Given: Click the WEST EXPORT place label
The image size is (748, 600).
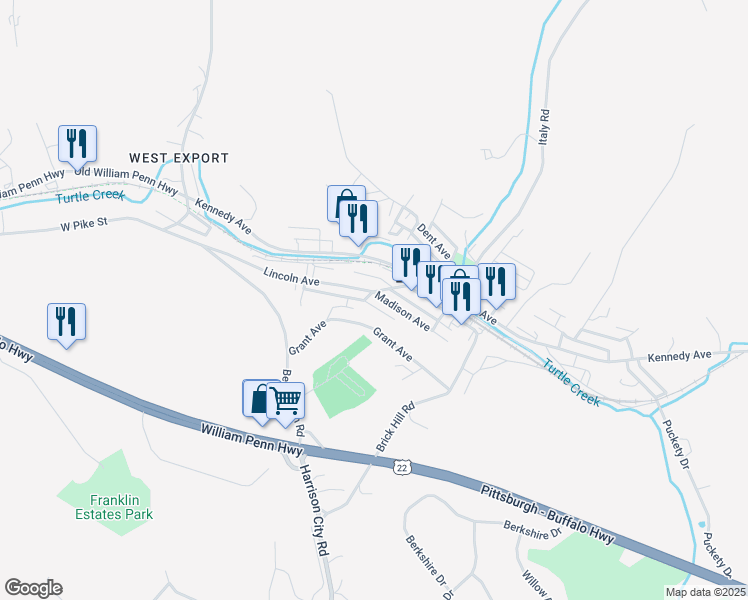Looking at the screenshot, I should (179, 158).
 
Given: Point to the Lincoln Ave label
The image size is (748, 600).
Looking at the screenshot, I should (291, 278).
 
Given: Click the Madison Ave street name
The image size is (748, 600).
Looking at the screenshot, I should (402, 312).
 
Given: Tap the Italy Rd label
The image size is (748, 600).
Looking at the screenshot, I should (545, 128).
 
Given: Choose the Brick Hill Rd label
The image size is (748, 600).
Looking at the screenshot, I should (394, 427).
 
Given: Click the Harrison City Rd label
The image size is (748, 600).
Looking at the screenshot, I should (312, 509).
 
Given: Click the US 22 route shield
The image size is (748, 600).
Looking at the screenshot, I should (402, 466).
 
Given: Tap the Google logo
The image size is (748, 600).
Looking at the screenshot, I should (33, 588).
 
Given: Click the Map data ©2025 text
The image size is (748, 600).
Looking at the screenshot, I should (704, 592).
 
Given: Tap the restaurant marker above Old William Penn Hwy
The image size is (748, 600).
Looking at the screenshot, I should (76, 144).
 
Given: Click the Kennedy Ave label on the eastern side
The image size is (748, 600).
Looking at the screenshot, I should (678, 355).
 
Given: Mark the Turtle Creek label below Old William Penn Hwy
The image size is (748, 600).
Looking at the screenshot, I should (91, 196).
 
